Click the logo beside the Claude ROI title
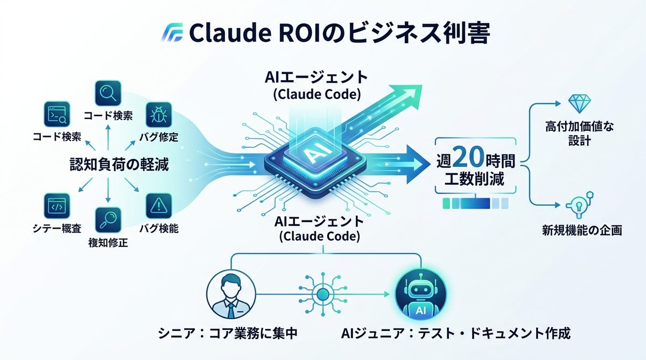click(173, 33)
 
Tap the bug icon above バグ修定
click(158, 114)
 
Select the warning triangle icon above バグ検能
click(159, 206)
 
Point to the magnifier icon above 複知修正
click(108, 220)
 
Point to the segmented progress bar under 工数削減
click(475, 203)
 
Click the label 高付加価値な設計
click(579, 133)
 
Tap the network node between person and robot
click(323, 294)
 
